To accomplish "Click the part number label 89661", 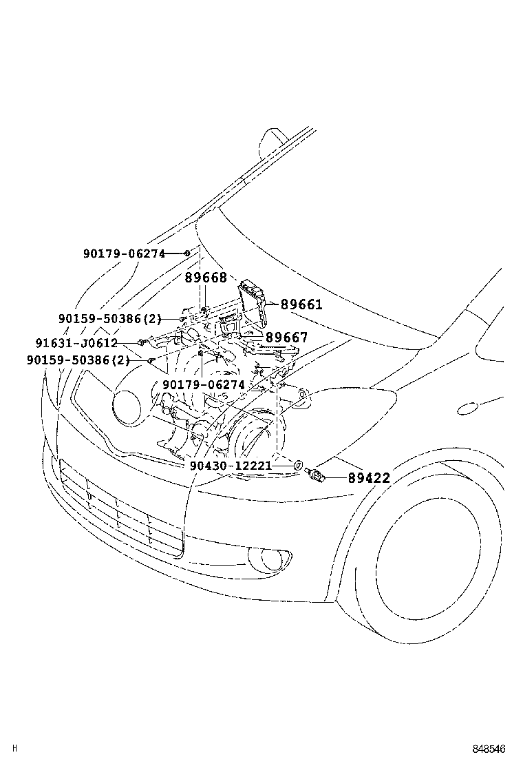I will pos(301,304).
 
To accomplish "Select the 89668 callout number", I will pos(205,278).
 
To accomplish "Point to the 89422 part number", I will pos(368,477).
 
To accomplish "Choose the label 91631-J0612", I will pos(76,343).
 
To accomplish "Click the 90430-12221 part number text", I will pos(231,466).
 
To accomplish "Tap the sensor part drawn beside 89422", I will pos(315,473).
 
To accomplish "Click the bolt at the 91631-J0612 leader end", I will pos(141,342).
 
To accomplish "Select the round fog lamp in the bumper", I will pos(269,559).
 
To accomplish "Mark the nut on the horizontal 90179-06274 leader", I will pos(187,253).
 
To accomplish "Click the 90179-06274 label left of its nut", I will pos(124,253).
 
